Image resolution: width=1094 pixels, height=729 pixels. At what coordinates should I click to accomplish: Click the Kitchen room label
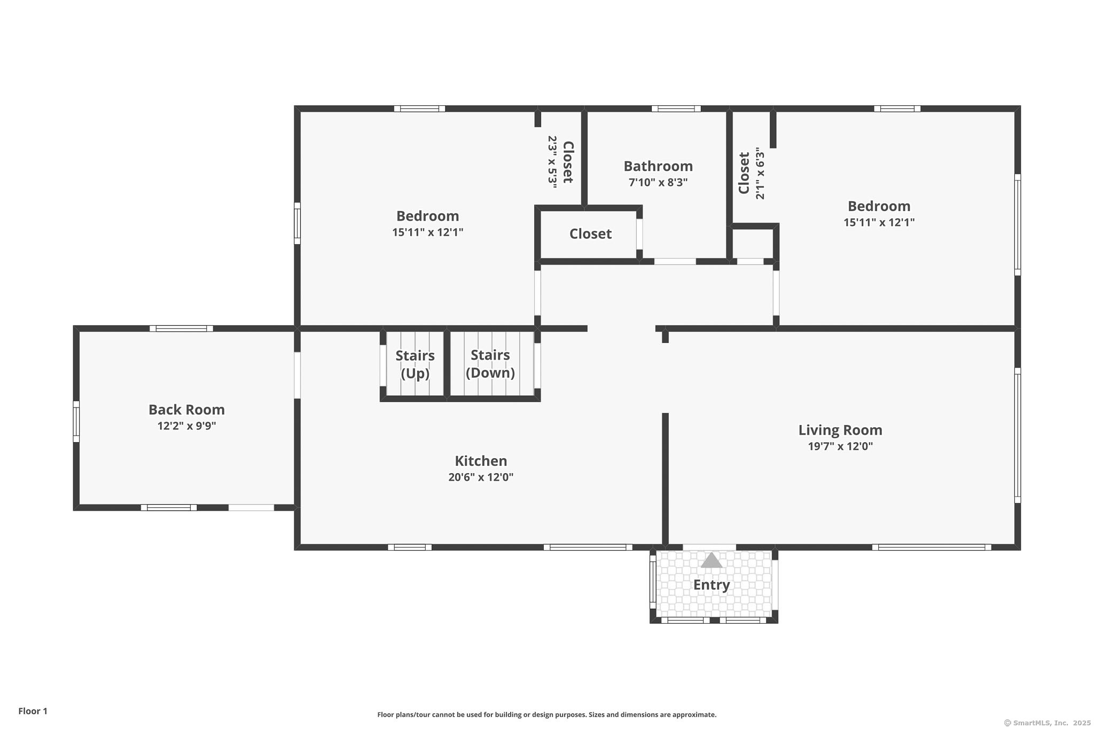coord(481,461)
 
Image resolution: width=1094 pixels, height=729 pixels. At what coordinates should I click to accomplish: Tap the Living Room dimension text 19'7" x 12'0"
coord(840,446)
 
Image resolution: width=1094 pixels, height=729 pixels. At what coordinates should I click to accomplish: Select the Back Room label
coord(186,410)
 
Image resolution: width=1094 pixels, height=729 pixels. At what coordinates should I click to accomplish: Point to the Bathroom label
coord(658,166)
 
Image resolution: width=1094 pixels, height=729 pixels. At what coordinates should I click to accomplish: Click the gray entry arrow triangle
coord(712,561)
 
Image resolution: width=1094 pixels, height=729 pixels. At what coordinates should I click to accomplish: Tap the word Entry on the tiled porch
coord(712,585)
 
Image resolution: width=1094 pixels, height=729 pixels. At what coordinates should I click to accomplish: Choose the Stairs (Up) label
coord(415,364)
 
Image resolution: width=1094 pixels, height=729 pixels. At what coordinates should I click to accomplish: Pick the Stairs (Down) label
coord(490,364)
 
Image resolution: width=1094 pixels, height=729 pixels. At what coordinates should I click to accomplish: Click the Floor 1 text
coord(33,711)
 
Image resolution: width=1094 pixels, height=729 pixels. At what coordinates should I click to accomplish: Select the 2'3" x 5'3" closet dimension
coord(552,160)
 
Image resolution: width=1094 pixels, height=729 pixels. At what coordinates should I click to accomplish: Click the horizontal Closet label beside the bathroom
coord(590,234)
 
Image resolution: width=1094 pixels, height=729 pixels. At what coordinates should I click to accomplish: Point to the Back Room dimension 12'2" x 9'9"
coord(186,426)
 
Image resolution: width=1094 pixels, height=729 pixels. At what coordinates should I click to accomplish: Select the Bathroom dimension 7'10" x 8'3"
coord(658,183)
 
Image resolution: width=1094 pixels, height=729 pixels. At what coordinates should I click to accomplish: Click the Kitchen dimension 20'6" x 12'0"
coord(481,477)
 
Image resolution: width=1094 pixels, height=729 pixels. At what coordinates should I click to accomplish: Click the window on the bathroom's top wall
coord(676,109)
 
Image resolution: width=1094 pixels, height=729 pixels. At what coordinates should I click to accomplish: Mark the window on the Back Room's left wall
coord(76,422)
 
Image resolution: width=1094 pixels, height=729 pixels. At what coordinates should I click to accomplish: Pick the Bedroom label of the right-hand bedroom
coord(879,206)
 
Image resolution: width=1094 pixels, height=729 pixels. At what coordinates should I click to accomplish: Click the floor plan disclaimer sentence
coord(547,715)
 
